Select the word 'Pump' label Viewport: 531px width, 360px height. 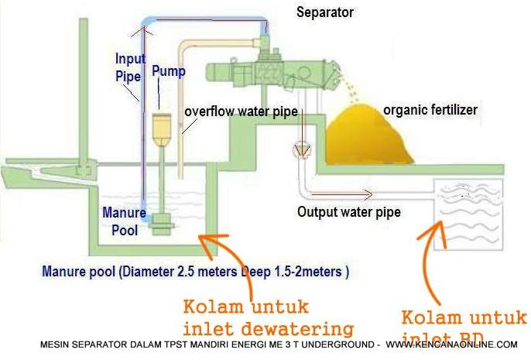(168, 71)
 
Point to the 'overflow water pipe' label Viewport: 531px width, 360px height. (241, 111)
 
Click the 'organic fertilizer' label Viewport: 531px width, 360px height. (430, 110)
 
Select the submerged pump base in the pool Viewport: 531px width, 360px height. (162, 222)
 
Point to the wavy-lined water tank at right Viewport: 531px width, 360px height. (471, 210)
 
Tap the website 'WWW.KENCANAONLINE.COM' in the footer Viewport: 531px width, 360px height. (451, 345)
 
